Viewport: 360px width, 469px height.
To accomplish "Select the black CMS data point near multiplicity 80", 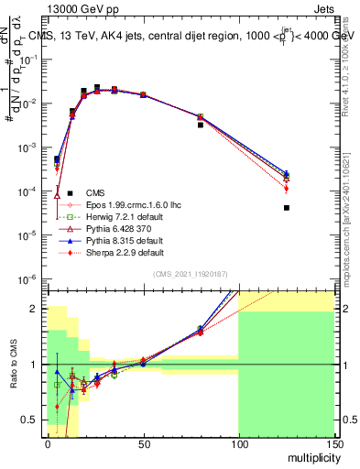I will pos(200,125).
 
